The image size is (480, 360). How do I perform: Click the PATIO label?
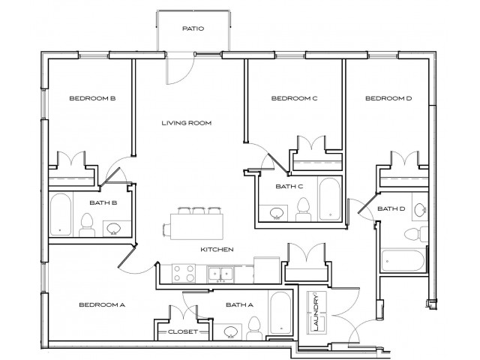193,29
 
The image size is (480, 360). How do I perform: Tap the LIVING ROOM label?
186,122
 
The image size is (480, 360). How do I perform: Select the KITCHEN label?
217,249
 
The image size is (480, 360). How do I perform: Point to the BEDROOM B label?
91,98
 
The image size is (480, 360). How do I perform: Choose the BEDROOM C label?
295,98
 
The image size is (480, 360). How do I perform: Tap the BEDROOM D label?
388,98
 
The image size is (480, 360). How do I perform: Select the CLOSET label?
182,331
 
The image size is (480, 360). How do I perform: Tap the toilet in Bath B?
86,223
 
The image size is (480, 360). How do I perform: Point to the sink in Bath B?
114,227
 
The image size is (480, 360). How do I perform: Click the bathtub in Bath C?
329,197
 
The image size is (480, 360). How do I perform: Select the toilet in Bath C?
304,208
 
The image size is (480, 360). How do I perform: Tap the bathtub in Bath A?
279,313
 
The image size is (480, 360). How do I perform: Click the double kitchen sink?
220,274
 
